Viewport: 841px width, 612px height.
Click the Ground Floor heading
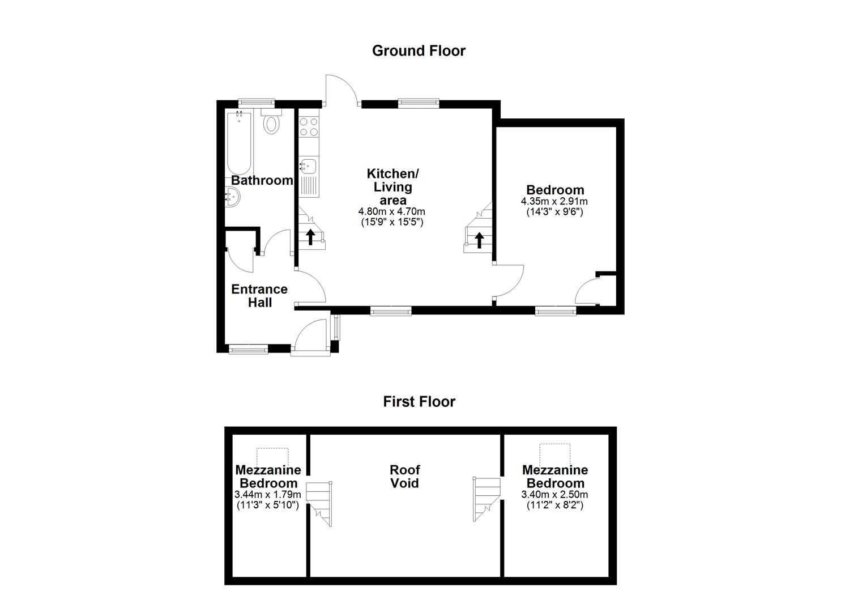[419, 51]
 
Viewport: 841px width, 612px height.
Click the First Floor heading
[419, 402]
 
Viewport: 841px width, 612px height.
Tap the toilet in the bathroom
[272, 123]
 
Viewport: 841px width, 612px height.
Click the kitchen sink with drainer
[309, 176]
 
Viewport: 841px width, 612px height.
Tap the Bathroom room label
[262, 181]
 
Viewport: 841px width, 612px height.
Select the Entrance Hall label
[259, 296]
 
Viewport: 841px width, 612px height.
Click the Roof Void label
[404, 477]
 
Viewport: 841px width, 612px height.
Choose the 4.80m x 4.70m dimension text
[391, 212]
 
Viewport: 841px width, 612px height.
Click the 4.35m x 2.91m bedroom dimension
[554, 201]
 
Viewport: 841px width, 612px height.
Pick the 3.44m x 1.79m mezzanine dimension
[267, 495]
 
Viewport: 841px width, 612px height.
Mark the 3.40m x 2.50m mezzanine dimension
[554, 495]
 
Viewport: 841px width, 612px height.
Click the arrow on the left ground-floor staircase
[310, 236]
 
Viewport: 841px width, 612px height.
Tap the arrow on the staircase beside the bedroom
[479, 240]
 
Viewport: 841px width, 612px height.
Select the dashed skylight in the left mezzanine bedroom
[272, 457]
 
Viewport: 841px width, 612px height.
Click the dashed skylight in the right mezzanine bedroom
[554, 454]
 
